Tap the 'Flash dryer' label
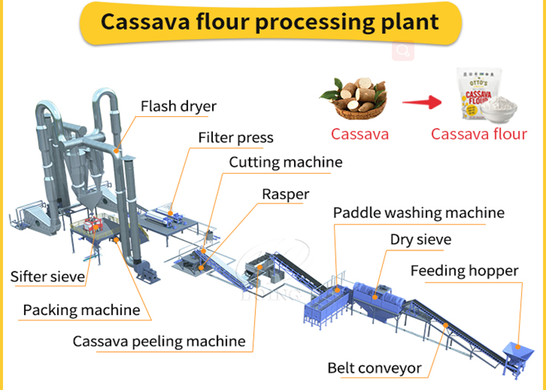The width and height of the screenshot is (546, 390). (179, 106)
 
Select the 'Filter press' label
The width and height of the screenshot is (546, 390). (235, 138)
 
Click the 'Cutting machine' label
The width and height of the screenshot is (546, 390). (285, 162)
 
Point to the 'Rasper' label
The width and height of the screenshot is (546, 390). (285, 193)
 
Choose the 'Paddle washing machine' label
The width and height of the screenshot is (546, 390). (418, 212)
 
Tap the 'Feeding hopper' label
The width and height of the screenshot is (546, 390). (464, 271)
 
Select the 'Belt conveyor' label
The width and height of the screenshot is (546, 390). (374, 367)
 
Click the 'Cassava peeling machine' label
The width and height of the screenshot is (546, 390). (158, 341)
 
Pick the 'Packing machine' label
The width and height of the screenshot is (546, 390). (81, 310)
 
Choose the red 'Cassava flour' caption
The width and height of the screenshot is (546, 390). (479, 133)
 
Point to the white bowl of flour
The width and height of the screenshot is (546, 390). (504, 112)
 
